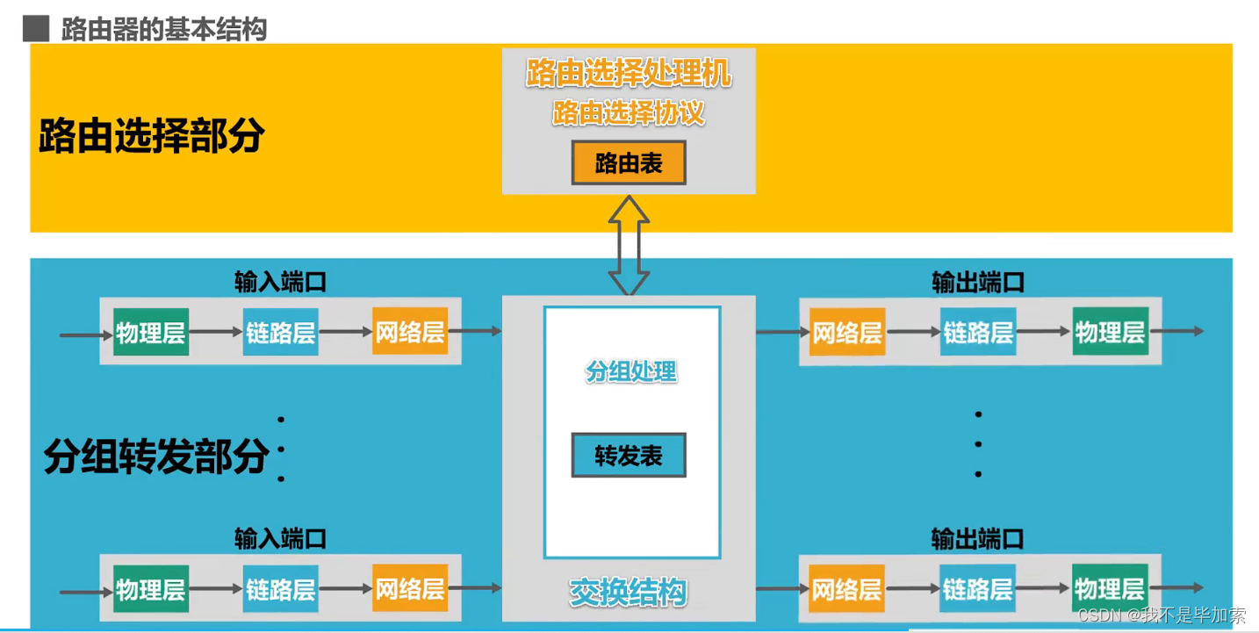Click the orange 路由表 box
(x=629, y=163)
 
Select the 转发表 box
(x=629, y=456)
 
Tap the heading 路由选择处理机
(x=629, y=75)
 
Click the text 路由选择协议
(x=629, y=113)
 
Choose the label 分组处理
(x=631, y=371)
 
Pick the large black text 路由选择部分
(x=152, y=136)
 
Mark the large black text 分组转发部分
(x=156, y=457)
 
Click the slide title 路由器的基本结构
(x=163, y=30)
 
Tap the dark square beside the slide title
(x=36, y=29)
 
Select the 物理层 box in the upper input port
(x=151, y=332)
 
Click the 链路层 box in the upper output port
(x=978, y=332)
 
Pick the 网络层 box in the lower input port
(x=410, y=588)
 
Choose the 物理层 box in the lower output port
(x=1110, y=588)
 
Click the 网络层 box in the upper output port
(x=846, y=332)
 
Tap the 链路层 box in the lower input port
(x=280, y=588)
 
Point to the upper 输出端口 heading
(x=978, y=282)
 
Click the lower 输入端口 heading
(x=280, y=538)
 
